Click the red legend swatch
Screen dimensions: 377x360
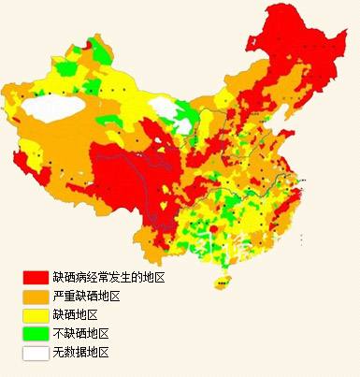36,277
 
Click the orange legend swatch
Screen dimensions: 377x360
36,296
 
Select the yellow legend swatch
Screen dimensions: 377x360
36,314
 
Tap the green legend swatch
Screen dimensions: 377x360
36,333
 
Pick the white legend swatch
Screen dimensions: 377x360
36,352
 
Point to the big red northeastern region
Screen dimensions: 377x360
299,56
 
